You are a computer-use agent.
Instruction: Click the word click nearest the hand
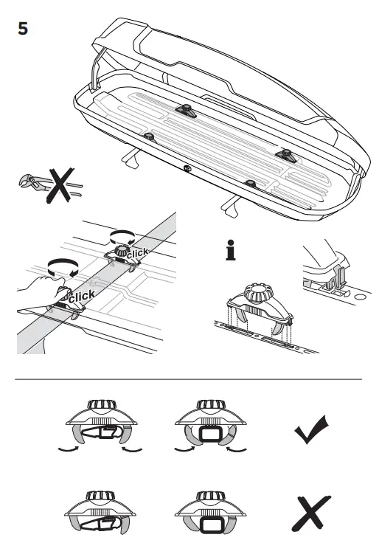82,296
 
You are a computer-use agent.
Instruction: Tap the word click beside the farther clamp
140,253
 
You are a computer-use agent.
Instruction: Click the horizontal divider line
189,379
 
